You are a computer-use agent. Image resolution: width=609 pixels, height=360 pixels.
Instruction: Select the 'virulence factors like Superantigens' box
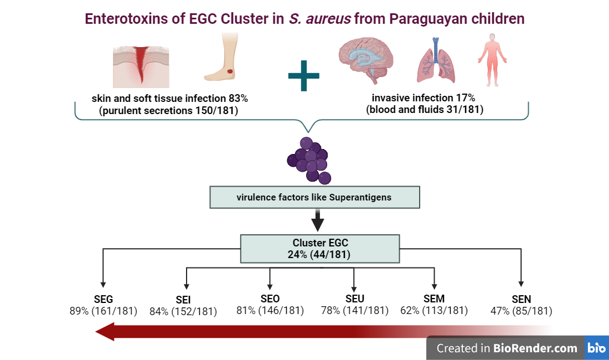coord(314,197)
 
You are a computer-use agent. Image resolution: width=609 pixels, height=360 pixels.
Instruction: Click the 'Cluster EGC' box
coord(319,248)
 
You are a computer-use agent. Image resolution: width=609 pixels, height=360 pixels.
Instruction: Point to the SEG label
coord(104,299)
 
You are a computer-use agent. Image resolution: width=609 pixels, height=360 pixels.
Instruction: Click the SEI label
coord(183,300)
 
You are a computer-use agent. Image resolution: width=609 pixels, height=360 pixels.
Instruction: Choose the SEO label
coord(270,299)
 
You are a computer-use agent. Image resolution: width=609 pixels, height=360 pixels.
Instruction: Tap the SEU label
coord(354,299)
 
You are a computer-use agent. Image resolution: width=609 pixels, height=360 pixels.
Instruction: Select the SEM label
coord(434,299)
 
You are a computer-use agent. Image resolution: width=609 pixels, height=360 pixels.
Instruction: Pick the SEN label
coord(521,300)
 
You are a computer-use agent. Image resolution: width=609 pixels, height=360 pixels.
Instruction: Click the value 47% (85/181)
coord(521,311)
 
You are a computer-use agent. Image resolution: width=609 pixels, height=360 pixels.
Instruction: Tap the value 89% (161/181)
coord(104,311)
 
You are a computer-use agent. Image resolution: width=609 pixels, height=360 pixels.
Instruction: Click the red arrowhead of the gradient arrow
coord(106,332)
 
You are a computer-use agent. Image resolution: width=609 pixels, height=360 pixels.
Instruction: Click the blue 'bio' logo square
coord(597,348)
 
